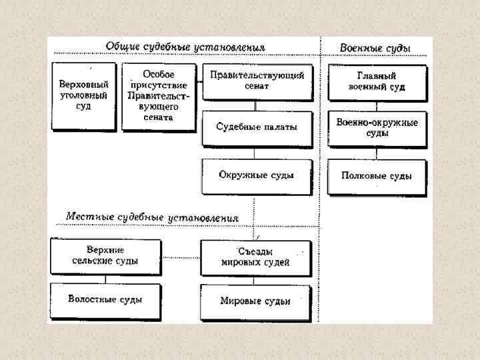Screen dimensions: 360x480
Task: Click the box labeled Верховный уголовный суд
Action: tap(84, 95)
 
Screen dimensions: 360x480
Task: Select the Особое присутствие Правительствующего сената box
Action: tap(159, 96)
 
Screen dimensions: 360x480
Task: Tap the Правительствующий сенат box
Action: tap(257, 81)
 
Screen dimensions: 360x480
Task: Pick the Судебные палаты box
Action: tap(257, 127)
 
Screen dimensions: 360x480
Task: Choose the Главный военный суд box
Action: tap(376, 81)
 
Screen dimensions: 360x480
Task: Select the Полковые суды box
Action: tap(376, 176)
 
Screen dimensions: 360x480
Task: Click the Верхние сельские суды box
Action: tap(105, 255)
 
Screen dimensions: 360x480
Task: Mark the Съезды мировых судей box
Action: tap(255, 257)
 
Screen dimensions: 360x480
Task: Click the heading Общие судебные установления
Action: tap(185, 47)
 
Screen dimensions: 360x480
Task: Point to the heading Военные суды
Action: tap(375, 48)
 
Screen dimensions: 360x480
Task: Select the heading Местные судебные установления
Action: tap(152, 217)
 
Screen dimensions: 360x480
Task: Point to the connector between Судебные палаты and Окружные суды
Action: tap(257, 153)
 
